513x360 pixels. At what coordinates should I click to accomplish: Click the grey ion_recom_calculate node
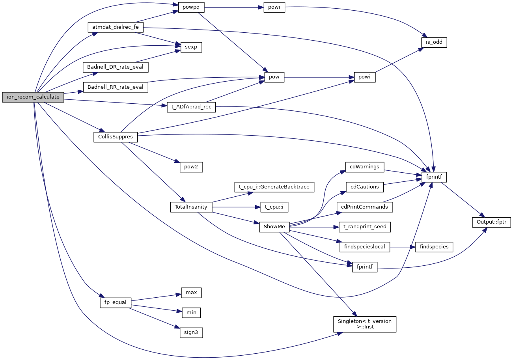click(x=33, y=97)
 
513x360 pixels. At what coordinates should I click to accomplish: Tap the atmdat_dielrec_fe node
click(x=115, y=27)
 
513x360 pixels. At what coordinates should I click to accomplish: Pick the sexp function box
click(x=191, y=47)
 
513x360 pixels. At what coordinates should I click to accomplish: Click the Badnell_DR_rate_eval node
click(x=115, y=67)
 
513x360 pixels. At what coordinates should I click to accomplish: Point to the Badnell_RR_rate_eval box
click(x=115, y=87)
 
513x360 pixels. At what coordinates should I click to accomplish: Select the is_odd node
click(x=434, y=42)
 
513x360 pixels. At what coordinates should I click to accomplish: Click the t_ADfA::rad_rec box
click(x=191, y=107)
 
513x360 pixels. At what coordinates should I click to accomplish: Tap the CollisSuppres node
click(x=116, y=137)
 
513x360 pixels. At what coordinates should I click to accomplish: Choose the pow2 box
click(x=191, y=167)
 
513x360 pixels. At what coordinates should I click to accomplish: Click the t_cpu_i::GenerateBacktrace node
click(x=274, y=187)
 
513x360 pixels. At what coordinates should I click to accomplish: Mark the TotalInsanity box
click(x=191, y=207)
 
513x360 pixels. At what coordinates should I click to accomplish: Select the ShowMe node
click(x=274, y=227)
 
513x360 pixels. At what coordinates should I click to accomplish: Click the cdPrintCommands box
click(x=365, y=207)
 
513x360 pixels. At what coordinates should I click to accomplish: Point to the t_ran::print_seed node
click(x=365, y=227)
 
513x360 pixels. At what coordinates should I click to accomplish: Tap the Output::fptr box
click(x=491, y=222)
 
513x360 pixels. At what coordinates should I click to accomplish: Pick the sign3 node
click(x=191, y=332)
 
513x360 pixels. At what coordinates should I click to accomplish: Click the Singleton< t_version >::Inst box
click(x=364, y=324)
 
